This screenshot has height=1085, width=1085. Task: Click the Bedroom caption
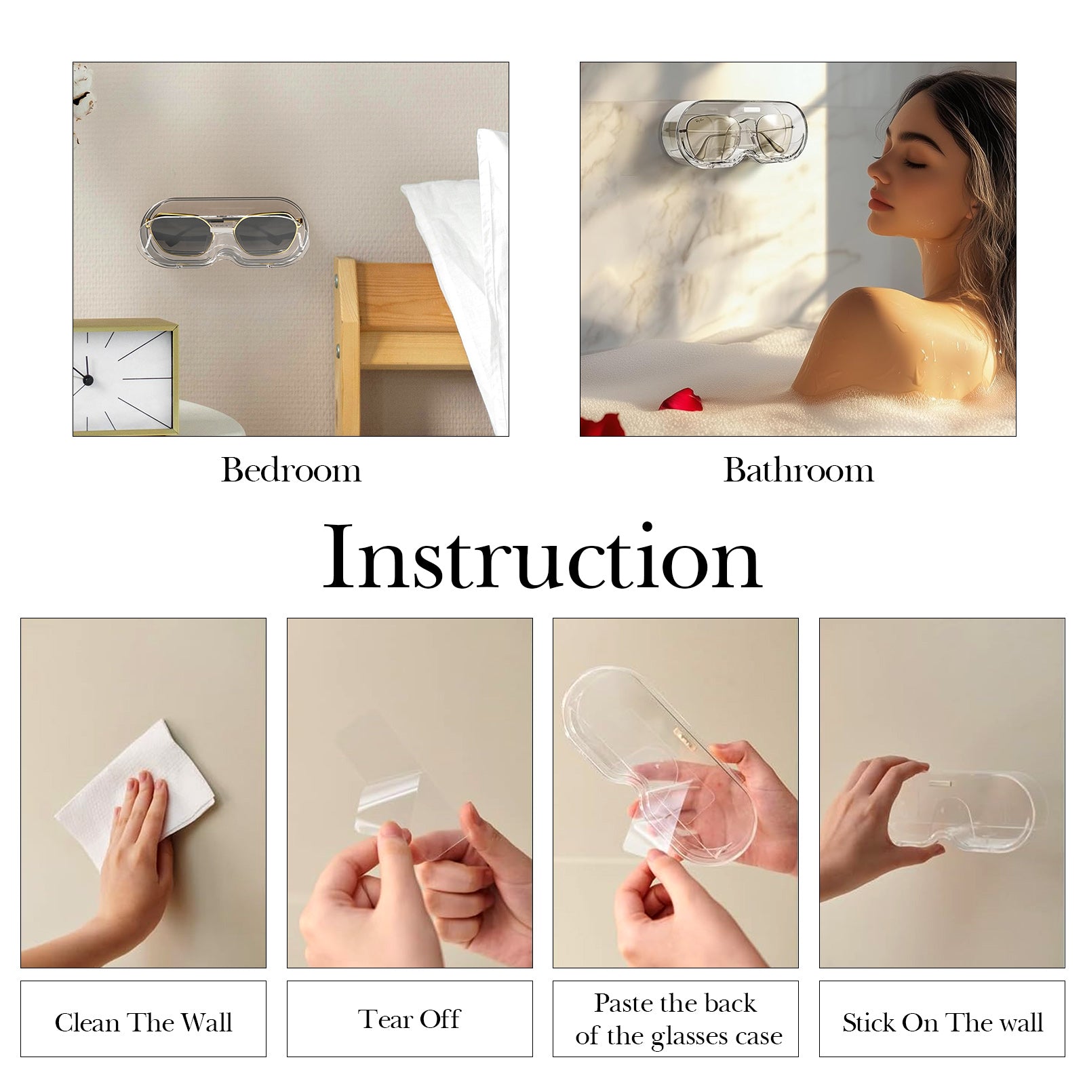291,470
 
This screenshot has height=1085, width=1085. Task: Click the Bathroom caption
798,470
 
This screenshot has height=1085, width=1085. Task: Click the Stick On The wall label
942,1023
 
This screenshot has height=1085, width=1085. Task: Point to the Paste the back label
675,1003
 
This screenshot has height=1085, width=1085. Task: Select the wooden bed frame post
347,346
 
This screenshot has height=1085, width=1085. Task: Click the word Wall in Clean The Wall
205,1023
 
